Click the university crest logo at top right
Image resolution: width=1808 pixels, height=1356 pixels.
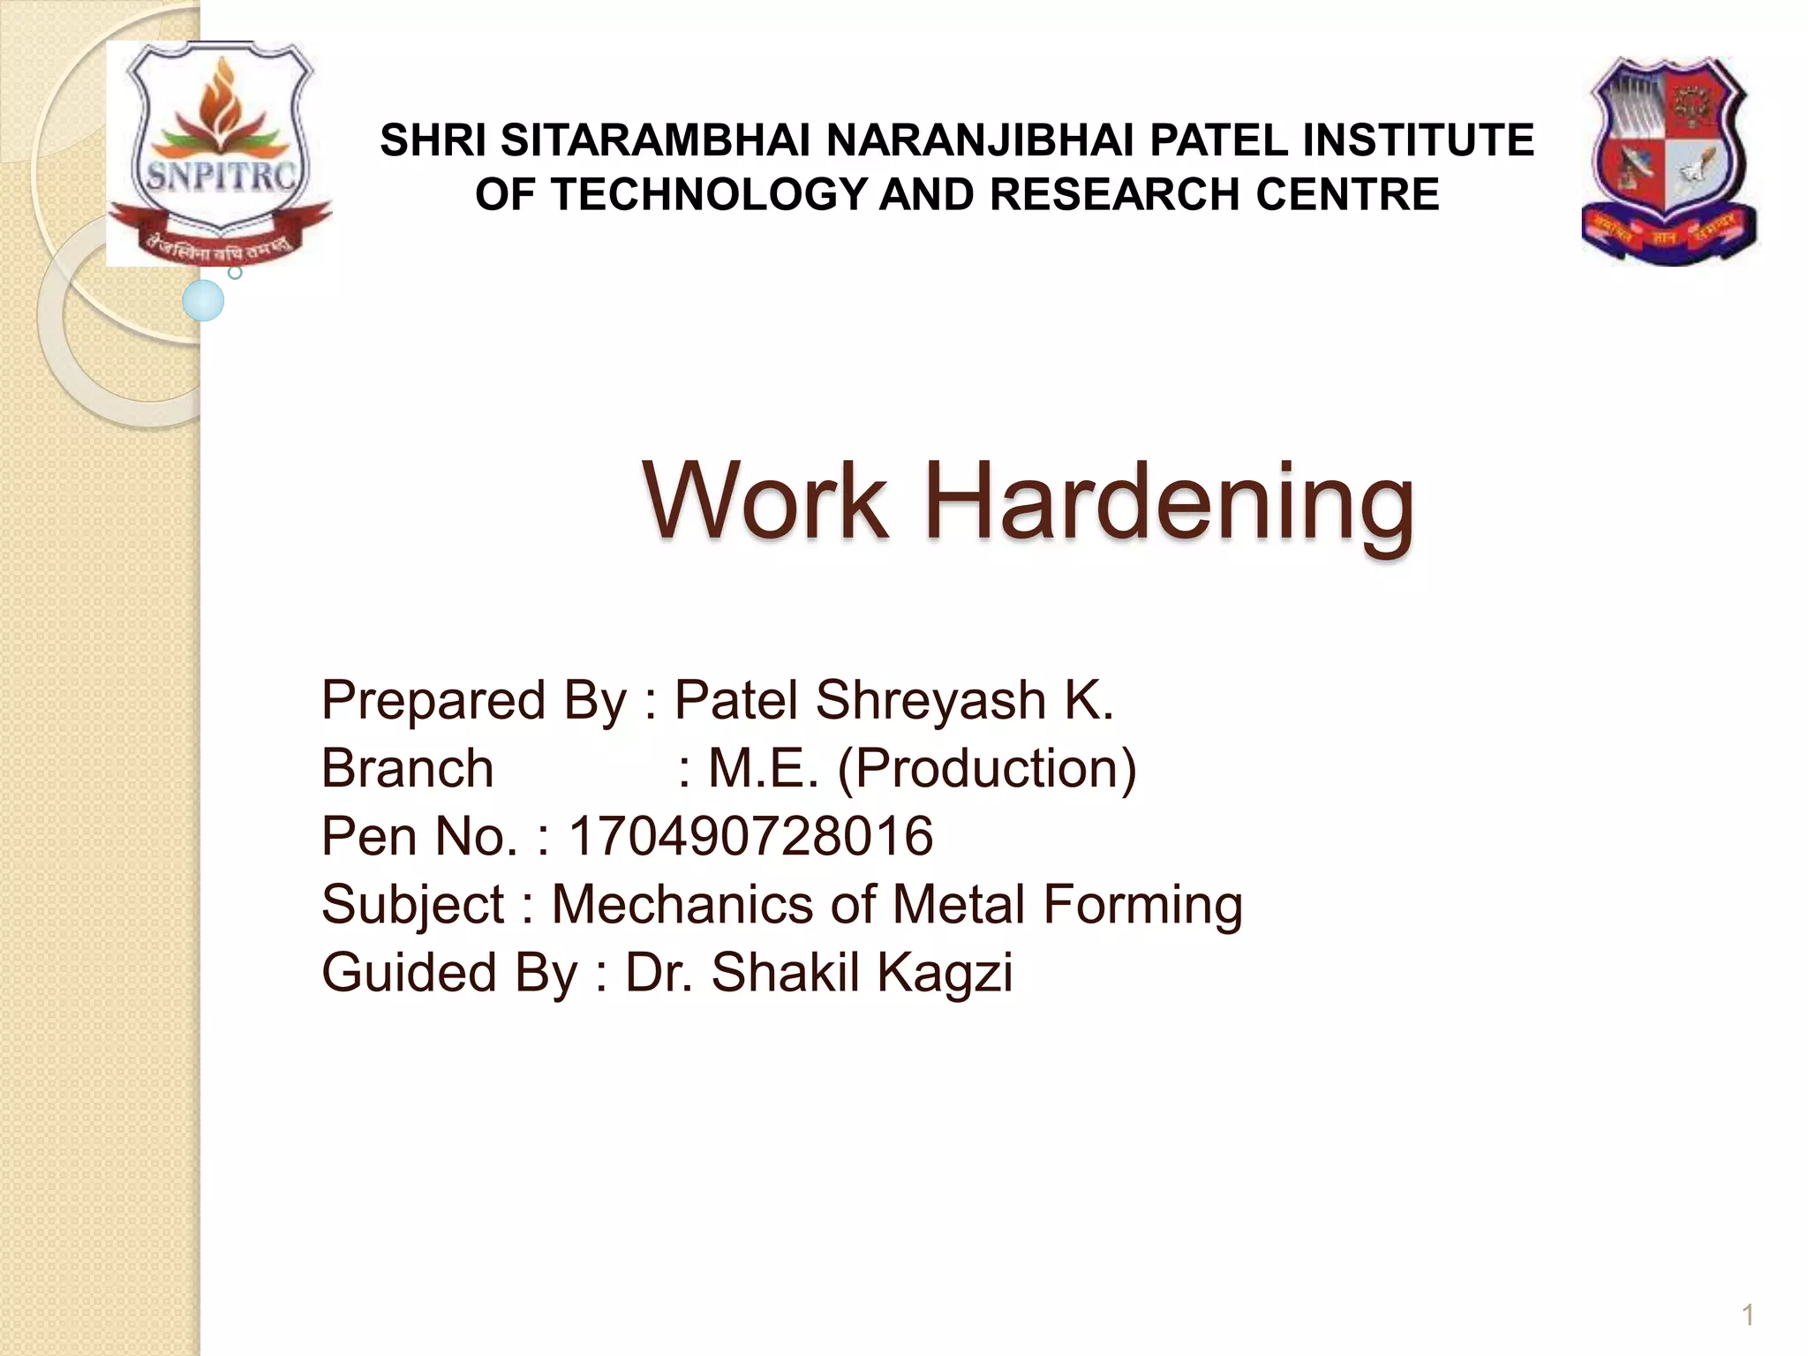(1669, 161)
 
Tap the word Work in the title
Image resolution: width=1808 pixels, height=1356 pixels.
(765, 501)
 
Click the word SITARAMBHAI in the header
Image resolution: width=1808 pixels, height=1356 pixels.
(654, 140)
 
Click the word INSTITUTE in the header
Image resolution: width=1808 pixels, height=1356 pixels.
(1418, 140)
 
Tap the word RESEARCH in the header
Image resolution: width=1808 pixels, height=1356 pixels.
(1115, 194)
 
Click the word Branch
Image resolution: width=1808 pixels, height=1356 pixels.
(407, 768)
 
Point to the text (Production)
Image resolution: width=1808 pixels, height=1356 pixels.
(987, 768)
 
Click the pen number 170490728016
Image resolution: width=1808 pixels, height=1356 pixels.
(750, 836)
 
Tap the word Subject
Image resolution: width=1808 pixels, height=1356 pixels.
(412, 906)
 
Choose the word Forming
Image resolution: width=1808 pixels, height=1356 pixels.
(1142, 906)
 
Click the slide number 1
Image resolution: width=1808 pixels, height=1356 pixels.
(1747, 1315)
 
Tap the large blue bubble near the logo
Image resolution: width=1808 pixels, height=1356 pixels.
(203, 300)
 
